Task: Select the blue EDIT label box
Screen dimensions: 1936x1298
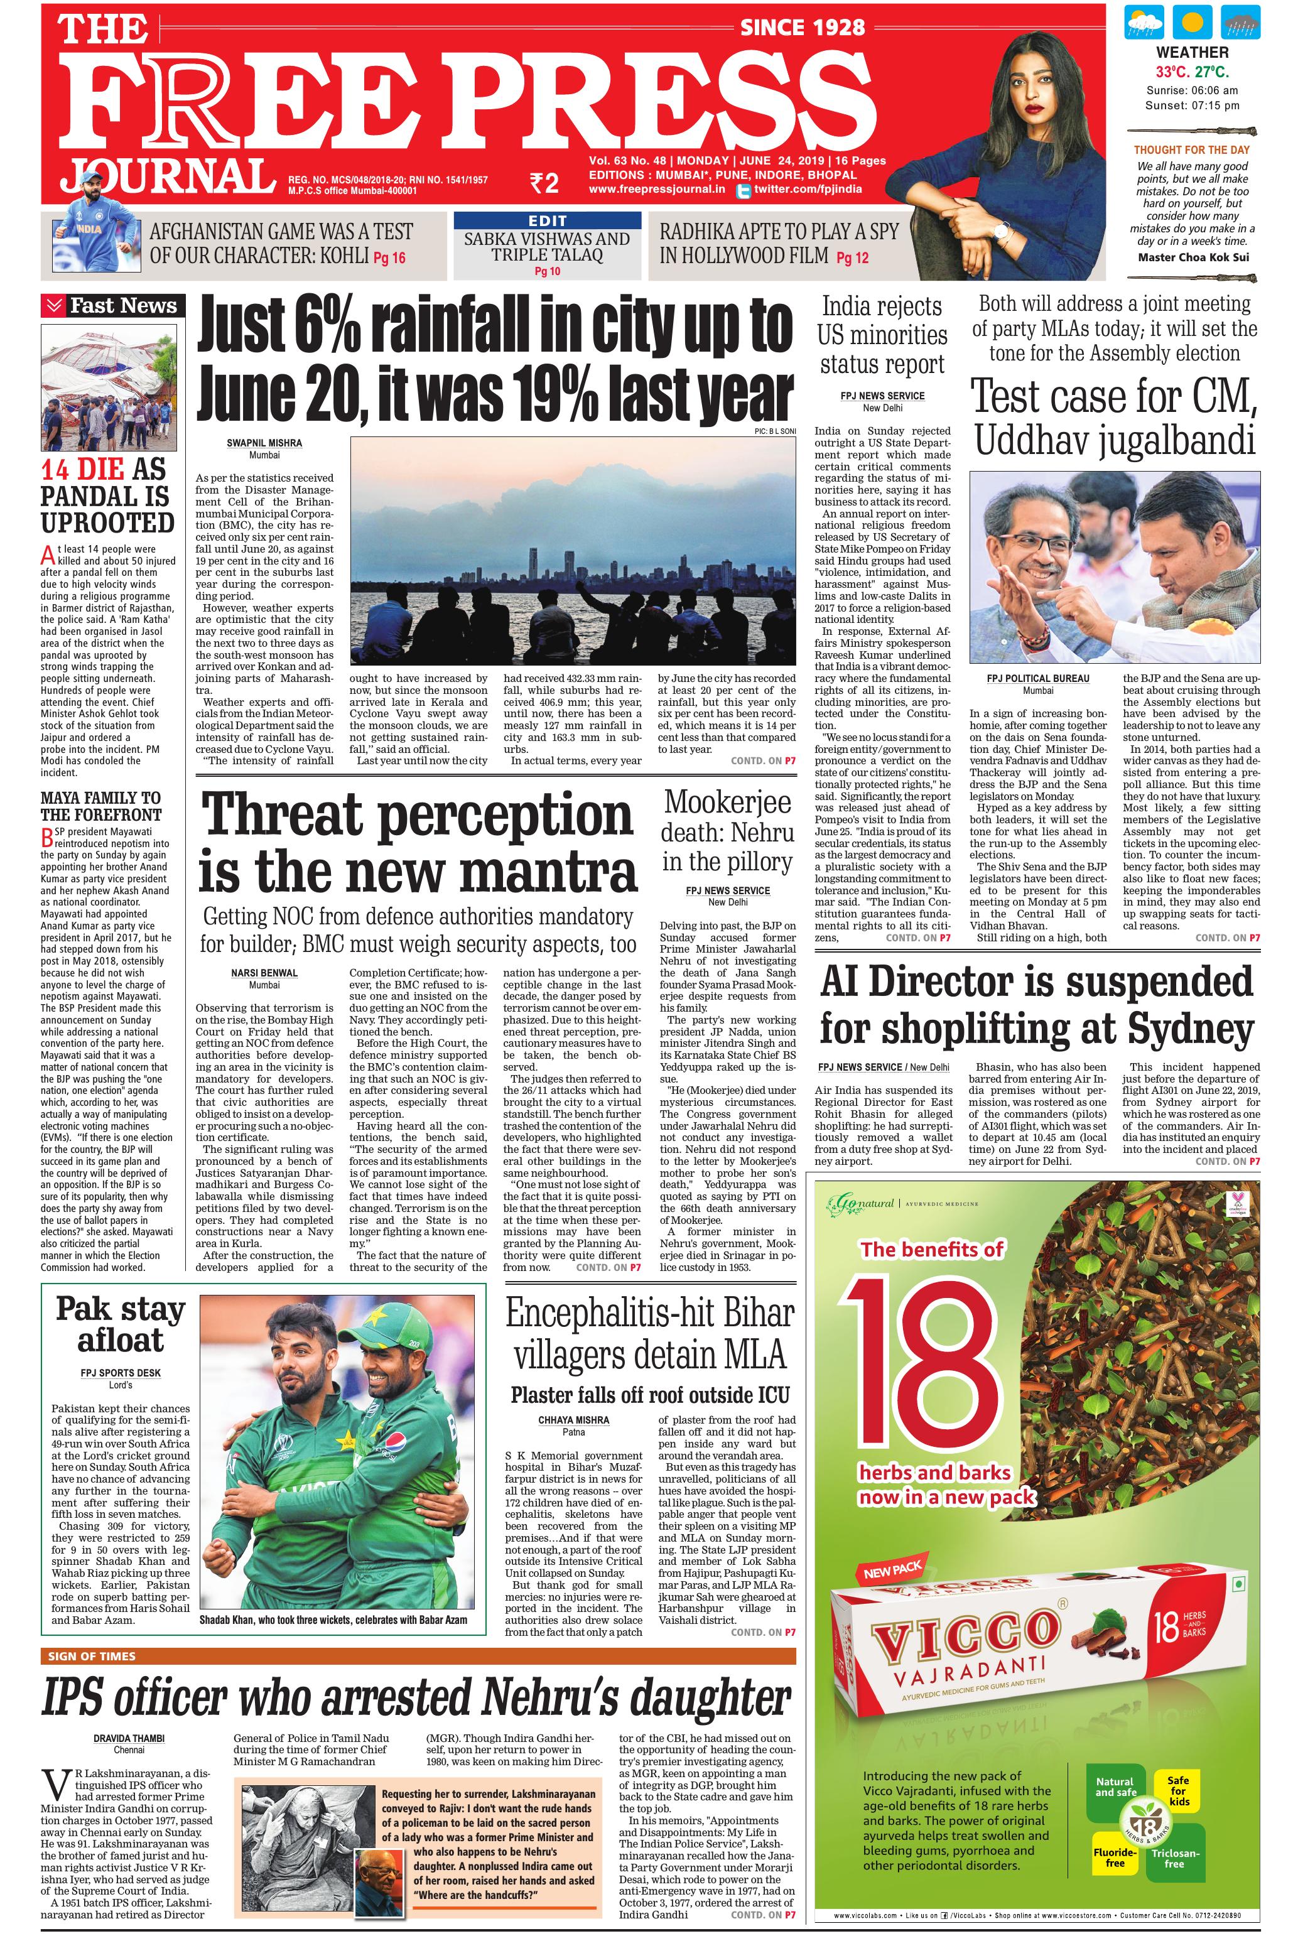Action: click(547, 220)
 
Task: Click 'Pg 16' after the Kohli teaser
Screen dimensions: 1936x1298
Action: click(389, 257)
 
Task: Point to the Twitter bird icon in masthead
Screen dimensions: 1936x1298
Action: click(742, 190)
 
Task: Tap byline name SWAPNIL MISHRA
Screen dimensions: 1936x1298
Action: click(264, 443)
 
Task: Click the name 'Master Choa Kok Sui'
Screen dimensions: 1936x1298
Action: click(1191, 257)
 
